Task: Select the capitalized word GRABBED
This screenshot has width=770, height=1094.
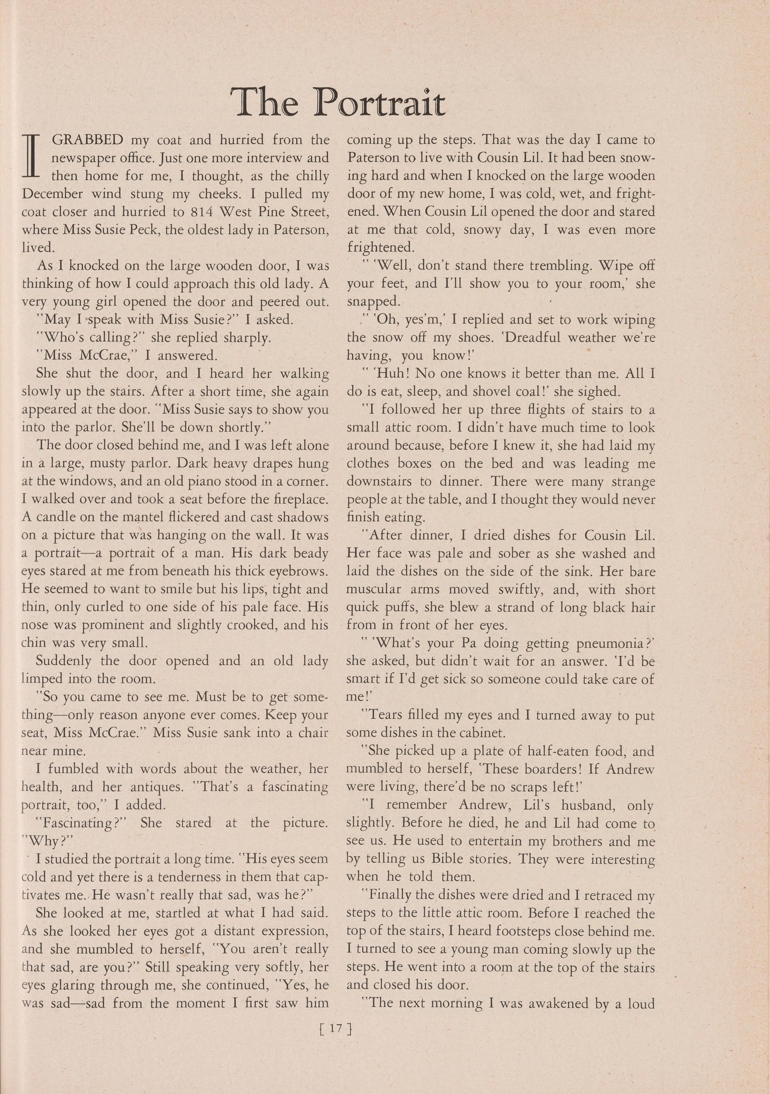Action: pyautogui.click(x=87, y=140)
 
